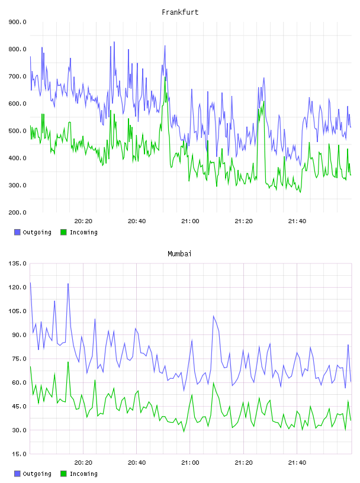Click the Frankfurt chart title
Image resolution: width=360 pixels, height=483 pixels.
(180, 12)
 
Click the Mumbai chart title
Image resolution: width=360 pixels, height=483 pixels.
(179, 254)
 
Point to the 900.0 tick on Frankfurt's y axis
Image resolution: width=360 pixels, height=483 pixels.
(18, 22)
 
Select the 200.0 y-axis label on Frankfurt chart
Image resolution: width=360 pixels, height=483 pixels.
(18, 212)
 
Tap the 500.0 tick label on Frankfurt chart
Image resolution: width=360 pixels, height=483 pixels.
(18, 131)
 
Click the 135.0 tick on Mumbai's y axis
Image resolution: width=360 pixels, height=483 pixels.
(18, 263)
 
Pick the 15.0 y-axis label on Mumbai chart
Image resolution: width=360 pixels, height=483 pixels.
(19, 454)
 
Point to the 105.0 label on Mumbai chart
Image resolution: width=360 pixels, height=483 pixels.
(18, 311)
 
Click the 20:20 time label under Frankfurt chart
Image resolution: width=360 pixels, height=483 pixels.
(83, 221)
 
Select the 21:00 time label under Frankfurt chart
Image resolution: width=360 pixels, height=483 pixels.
(190, 221)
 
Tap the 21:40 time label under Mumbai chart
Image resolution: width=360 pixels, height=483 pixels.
(297, 463)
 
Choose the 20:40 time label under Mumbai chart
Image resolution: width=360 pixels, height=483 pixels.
(137, 463)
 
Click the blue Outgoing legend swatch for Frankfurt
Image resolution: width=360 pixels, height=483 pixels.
(17, 232)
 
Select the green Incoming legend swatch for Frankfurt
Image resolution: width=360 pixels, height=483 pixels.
(63, 232)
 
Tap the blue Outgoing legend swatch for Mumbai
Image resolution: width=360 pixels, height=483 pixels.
(17, 474)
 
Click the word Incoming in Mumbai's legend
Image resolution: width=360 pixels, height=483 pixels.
(83, 474)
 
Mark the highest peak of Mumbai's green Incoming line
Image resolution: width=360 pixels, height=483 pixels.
(68, 362)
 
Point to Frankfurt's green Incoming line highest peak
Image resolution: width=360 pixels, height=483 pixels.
(165, 78)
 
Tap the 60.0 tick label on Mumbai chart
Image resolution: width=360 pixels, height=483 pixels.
(19, 382)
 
